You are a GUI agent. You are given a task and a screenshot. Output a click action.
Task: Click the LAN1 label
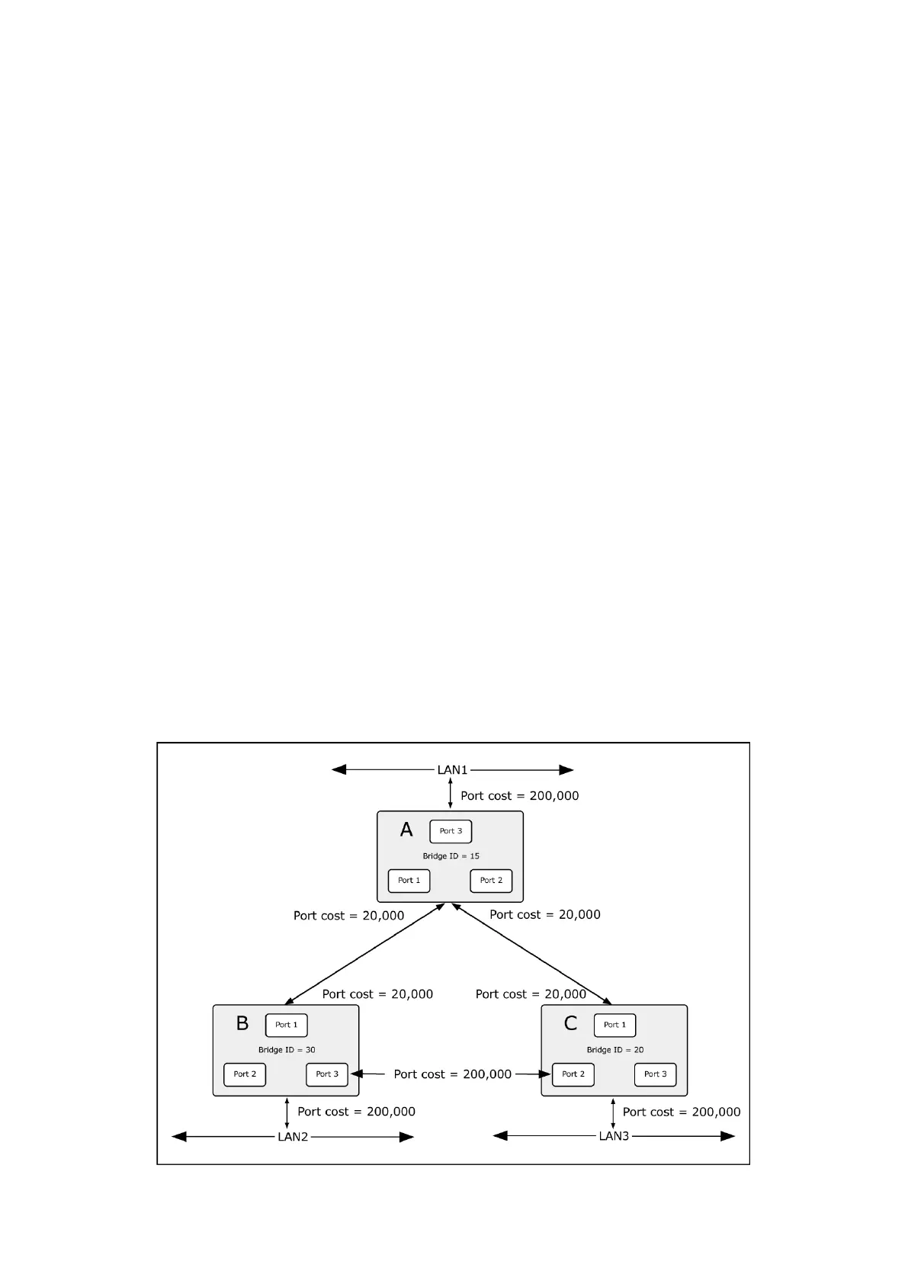tap(452, 770)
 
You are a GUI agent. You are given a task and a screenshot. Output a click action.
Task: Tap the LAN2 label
tap(293, 1137)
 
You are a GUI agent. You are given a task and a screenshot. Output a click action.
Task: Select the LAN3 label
tap(614, 1136)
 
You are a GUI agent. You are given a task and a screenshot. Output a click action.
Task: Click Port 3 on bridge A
tap(451, 831)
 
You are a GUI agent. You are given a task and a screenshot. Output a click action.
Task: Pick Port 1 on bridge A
tap(409, 881)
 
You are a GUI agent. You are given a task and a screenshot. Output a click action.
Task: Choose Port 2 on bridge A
tap(491, 881)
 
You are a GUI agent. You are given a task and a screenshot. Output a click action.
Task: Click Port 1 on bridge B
tap(286, 1025)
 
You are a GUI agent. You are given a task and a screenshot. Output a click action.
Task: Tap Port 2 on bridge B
tap(245, 1074)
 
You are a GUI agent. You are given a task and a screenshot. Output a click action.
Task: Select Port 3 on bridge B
tap(327, 1074)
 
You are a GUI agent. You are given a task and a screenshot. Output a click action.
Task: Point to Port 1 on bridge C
tap(614, 1025)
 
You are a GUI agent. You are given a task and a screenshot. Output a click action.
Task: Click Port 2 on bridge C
tap(573, 1074)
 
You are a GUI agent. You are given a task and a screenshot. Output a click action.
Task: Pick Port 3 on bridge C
tap(655, 1074)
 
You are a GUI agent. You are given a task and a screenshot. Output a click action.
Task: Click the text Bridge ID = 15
tap(451, 856)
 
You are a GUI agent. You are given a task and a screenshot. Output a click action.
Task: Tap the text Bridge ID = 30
tap(287, 1050)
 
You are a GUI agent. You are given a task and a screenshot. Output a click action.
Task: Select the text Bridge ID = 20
tap(614, 1050)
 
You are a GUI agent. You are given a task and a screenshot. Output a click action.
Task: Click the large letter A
tap(406, 830)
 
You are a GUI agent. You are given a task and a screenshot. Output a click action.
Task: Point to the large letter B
tap(242, 1023)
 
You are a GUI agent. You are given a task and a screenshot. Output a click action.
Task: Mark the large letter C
tap(570, 1023)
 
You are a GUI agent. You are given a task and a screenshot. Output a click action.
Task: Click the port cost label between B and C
tap(452, 1074)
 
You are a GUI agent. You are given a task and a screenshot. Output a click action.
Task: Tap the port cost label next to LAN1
tap(519, 796)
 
